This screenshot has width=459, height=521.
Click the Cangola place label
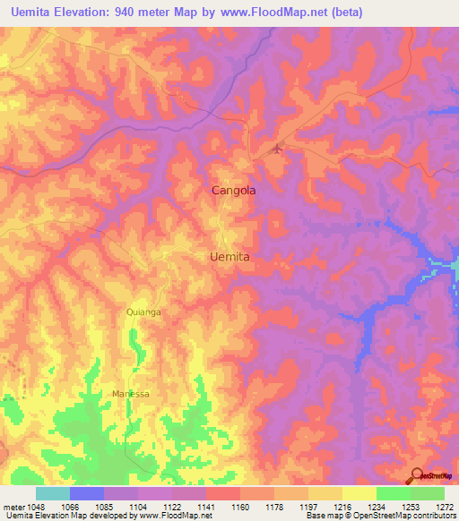point(233,191)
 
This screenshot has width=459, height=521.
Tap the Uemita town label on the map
point(229,256)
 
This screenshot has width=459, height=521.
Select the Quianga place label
point(143,312)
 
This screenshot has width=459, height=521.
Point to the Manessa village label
point(131,394)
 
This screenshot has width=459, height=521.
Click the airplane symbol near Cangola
point(277,149)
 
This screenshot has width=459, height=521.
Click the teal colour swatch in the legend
point(53,493)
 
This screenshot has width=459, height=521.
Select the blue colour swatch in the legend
point(87,493)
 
